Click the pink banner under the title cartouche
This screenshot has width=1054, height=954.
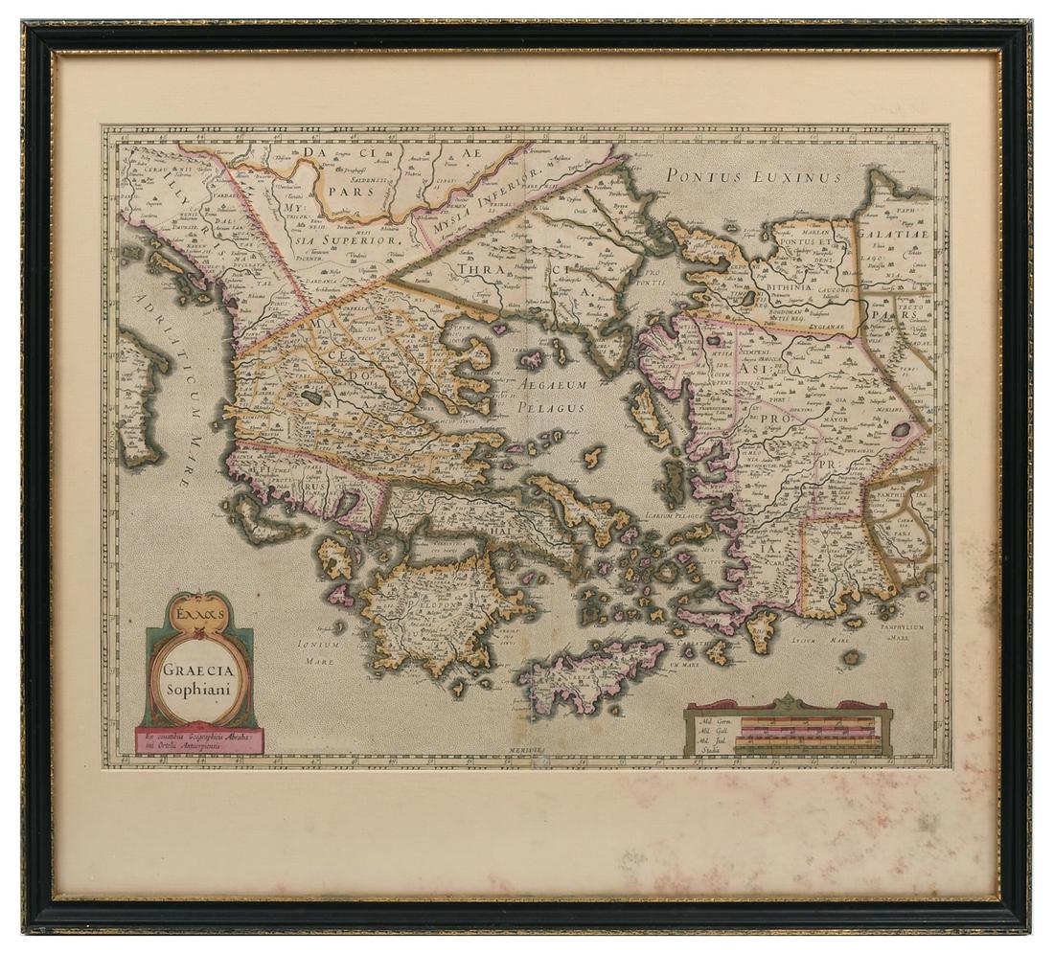[x=199, y=740]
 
